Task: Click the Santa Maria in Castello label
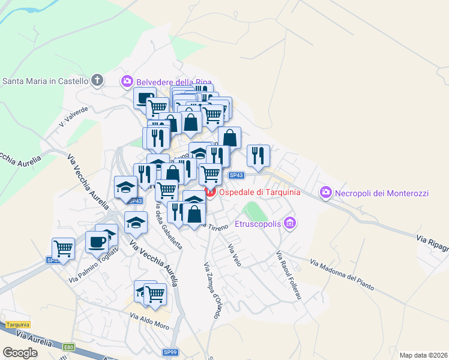[46, 81]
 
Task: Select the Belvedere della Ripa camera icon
[127, 81]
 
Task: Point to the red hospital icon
[209, 192]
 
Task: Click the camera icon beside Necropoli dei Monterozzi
[326, 192]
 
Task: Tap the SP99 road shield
[170, 352]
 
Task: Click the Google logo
[20, 352]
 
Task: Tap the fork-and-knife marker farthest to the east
[258, 155]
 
